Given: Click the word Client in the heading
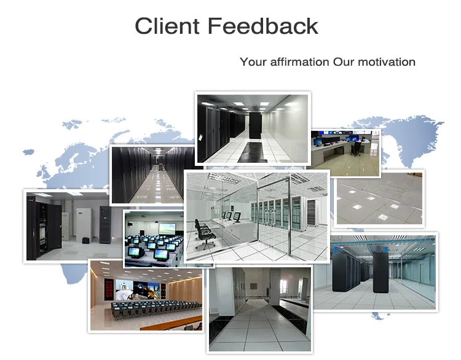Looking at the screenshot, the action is (x=167, y=26).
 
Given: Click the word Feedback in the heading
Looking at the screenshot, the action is (x=263, y=26).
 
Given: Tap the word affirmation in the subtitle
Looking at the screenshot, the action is (x=299, y=62).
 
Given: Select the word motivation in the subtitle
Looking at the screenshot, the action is (x=387, y=62).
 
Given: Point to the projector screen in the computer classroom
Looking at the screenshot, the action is (x=167, y=229).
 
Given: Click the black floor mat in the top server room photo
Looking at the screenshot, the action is (x=253, y=152).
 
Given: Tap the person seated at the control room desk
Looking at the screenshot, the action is (x=357, y=147).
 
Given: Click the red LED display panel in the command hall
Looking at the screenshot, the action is (x=109, y=290).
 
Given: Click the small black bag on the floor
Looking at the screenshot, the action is (x=85, y=240).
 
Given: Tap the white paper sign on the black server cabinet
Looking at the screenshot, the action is (x=201, y=137).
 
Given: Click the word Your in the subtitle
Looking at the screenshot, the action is (x=253, y=62).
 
